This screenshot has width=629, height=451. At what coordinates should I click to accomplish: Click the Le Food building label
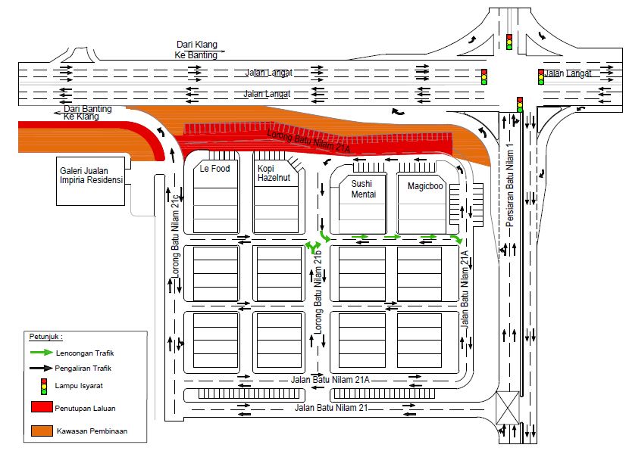point(214,169)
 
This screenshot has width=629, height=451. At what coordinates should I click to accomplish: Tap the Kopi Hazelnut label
point(274,173)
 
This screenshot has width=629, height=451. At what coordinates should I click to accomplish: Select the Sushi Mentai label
point(364,189)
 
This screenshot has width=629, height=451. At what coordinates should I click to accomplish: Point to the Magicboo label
point(425,186)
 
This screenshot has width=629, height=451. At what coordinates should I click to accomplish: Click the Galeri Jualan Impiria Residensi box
point(91,181)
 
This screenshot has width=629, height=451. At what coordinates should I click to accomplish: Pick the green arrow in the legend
point(42,353)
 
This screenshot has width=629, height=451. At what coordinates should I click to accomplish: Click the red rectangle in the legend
point(42,407)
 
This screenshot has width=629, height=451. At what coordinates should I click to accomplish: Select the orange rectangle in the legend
point(42,431)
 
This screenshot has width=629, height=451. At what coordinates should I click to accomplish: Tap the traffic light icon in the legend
point(44,386)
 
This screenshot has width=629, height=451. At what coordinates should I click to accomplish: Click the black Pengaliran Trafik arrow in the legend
point(41,368)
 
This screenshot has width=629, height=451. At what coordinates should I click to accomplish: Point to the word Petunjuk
point(45,337)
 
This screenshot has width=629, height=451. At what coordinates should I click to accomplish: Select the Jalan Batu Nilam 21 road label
point(331,408)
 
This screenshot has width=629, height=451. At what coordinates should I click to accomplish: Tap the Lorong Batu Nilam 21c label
point(175,236)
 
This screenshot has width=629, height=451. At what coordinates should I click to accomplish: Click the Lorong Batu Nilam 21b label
point(318,292)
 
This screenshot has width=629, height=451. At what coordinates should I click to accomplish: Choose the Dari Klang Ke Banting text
point(196,50)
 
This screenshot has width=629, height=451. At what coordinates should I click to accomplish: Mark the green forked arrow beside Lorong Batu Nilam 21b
point(313,247)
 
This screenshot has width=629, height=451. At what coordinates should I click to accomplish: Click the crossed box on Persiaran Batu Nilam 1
point(508,408)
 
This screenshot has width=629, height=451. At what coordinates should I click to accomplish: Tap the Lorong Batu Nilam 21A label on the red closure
point(308,142)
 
